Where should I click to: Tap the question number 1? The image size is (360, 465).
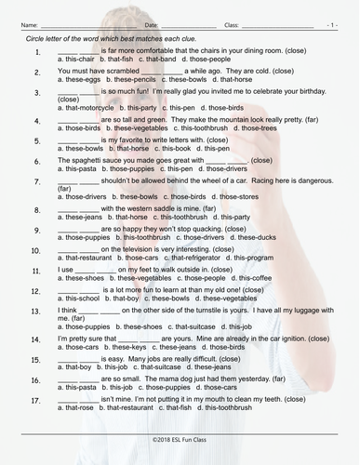tap(36, 55)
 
